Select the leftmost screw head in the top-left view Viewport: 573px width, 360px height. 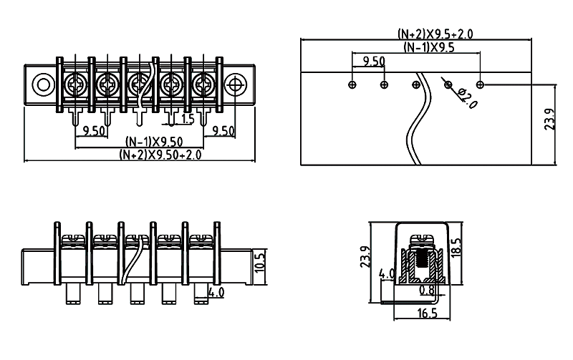coord(74,84)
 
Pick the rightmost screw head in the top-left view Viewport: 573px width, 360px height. coord(203,84)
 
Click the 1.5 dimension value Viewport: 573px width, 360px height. coord(188,119)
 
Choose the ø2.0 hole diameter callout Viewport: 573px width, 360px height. coord(468,97)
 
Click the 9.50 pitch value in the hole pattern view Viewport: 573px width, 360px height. coord(374,62)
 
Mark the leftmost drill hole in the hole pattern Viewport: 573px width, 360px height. coord(352,85)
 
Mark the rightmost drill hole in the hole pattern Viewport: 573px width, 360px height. coord(481,85)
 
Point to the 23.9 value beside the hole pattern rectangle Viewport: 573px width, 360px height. coord(549,119)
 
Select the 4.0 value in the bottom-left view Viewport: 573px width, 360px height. coord(216,292)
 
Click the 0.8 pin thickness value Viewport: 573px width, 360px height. coord(427,291)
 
